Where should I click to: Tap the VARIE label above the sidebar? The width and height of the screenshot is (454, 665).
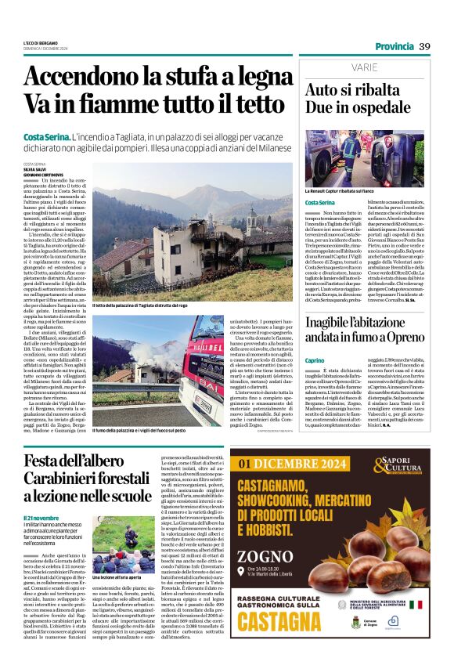[x=323, y=68]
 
